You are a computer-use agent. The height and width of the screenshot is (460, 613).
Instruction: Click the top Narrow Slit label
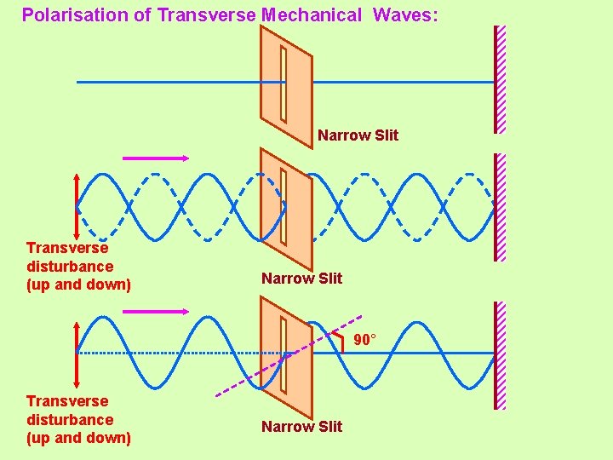(x=358, y=135)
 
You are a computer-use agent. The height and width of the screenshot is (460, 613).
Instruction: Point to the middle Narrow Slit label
(x=301, y=278)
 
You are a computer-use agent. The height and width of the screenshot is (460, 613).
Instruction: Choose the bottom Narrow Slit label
(x=301, y=426)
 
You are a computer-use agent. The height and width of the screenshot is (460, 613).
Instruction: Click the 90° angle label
(x=364, y=340)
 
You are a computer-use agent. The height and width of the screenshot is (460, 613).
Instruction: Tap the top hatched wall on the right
(x=500, y=79)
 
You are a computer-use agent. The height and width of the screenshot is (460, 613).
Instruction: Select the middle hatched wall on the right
(x=500, y=207)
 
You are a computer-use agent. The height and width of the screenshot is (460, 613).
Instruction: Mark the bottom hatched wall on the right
(x=500, y=355)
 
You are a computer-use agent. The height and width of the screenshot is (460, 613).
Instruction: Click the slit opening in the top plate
(x=284, y=83)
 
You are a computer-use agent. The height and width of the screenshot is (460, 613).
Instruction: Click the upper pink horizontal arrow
(x=156, y=158)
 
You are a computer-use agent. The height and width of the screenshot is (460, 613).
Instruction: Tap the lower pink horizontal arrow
(x=156, y=312)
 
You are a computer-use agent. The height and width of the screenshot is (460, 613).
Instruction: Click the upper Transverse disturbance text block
(x=78, y=266)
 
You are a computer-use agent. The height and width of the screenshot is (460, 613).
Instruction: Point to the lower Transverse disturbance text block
(x=78, y=419)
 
